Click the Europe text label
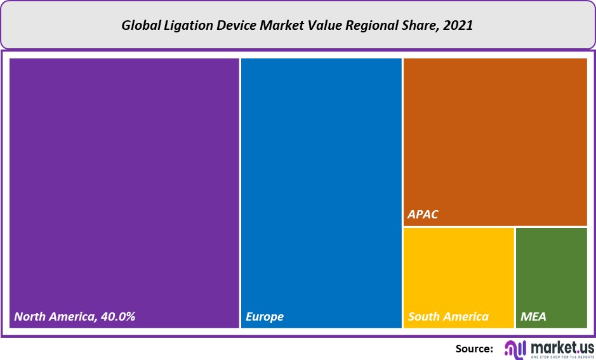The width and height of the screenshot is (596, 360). pos(265,316)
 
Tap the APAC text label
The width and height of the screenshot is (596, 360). pos(423,215)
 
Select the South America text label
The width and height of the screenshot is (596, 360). pos(448,316)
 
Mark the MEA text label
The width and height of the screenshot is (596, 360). pos(533,316)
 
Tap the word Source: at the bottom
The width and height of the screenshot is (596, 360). pos(474,348)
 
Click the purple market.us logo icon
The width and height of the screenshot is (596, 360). pos(515,348)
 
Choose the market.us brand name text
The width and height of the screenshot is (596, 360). pos(560,346)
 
